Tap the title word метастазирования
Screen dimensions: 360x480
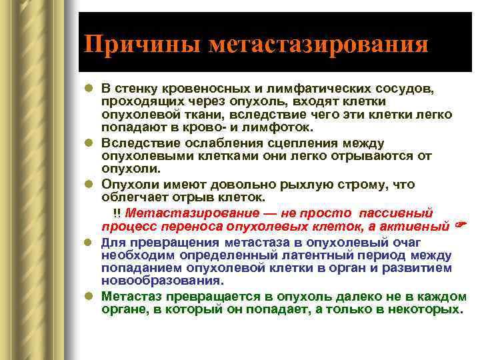318,45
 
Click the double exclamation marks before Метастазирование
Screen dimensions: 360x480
117,213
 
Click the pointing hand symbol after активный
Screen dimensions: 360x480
459,226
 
